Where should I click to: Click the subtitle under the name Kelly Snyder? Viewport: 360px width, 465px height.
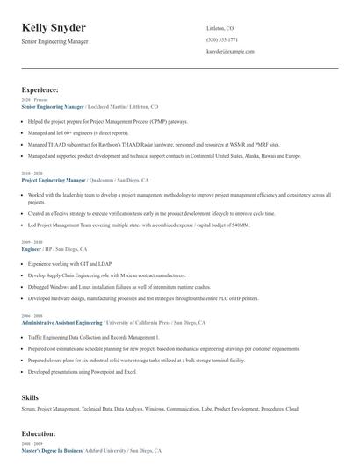coord(54,41)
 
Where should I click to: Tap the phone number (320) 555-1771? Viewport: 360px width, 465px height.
coord(222,39)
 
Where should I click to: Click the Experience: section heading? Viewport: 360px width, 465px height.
coord(40,89)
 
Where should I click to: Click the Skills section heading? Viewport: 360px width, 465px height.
coord(31,397)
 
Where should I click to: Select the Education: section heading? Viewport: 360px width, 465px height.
coord(40,433)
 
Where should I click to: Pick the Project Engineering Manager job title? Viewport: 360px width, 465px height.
coord(54,179)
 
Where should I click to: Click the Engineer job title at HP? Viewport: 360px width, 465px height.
coord(32,248)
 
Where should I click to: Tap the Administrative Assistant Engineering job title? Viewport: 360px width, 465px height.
coord(61,322)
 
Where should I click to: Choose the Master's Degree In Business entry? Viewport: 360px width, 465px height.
coord(52,450)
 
